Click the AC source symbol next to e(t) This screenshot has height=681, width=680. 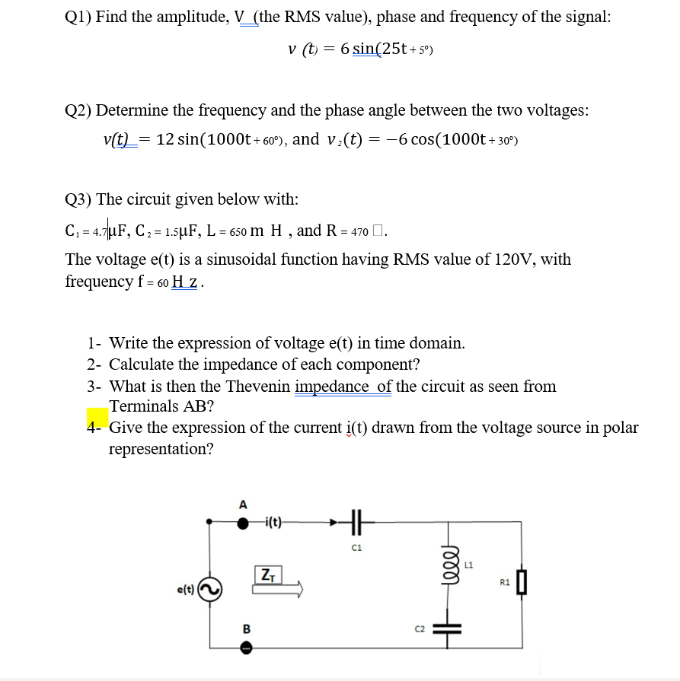[210, 588]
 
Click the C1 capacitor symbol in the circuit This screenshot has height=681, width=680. [357, 523]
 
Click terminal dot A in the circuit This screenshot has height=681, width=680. [243, 523]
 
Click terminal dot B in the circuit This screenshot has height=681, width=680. [243, 647]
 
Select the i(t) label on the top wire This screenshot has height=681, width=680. [270, 523]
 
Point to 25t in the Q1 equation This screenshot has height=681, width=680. [396, 49]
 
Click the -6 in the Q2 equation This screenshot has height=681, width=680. [400, 139]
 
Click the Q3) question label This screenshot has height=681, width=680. [78, 199]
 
